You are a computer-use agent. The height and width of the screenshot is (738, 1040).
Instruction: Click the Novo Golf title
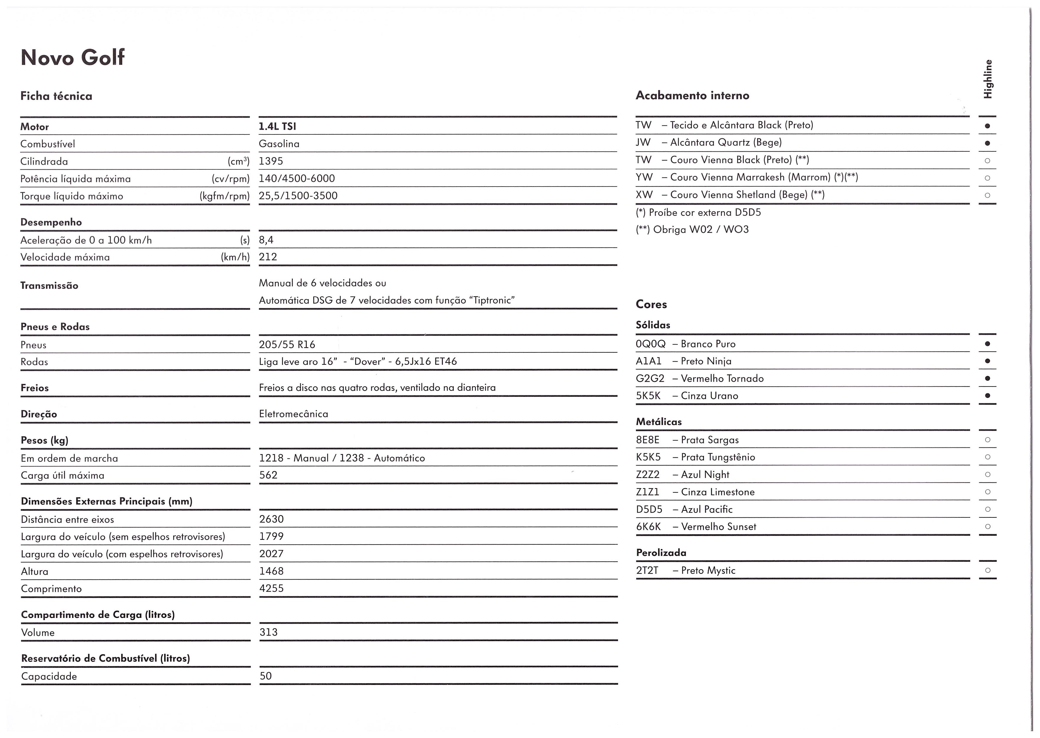72,58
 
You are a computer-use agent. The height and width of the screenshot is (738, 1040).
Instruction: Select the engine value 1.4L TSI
277,126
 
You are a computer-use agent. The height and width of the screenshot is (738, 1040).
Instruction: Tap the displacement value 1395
271,161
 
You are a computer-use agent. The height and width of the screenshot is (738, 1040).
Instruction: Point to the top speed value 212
268,257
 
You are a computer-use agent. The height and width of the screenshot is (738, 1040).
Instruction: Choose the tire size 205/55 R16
287,344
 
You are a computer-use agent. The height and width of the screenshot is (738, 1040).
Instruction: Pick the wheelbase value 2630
271,519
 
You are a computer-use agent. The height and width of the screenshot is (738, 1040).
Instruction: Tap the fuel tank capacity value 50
265,676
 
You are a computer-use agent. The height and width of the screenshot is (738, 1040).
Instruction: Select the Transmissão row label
49,286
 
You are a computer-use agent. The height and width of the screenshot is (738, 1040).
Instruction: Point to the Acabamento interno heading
692,95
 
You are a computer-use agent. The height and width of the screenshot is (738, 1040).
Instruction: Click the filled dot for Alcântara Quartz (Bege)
987,143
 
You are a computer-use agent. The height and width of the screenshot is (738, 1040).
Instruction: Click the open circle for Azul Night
987,474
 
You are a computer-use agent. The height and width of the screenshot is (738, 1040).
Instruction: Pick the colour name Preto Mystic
708,571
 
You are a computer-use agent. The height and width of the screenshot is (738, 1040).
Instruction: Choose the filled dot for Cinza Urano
987,396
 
